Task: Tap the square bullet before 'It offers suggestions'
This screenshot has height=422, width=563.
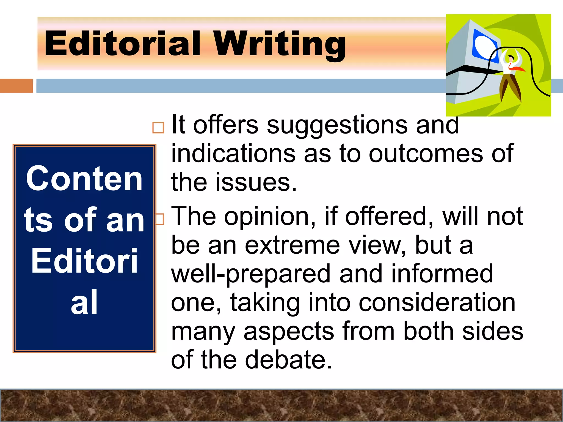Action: pos(158,127)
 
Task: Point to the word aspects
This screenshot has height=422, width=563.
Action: pos(289,332)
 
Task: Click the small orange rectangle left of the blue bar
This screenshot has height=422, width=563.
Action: pos(16,86)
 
